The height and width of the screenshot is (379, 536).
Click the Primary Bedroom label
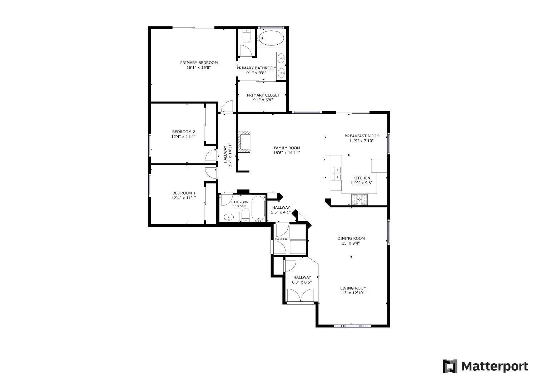tap(199, 63)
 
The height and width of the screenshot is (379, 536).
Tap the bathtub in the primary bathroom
tap(272, 38)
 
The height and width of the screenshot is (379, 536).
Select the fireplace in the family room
tap(244, 142)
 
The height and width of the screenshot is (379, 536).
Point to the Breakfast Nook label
tap(362, 136)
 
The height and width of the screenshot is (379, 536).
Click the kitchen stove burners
tap(359, 200)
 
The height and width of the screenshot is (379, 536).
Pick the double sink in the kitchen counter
tap(337, 173)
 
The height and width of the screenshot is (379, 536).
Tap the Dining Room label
tap(351, 238)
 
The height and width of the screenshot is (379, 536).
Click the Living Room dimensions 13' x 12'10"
tap(353, 293)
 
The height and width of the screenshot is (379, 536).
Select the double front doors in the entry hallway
tap(300, 295)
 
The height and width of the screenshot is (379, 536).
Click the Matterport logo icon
tap(450, 366)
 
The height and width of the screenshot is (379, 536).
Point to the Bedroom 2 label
tap(184, 132)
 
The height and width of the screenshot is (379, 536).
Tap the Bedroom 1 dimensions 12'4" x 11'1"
tap(184, 198)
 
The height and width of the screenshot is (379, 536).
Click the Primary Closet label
tap(263, 95)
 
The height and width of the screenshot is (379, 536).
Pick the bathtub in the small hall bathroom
tap(258, 209)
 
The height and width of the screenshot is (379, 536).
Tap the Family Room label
tap(287, 148)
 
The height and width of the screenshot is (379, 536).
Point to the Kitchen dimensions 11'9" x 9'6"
tap(362, 183)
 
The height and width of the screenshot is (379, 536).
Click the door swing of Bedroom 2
tap(211, 155)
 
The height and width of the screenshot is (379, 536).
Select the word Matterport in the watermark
tap(495, 366)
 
